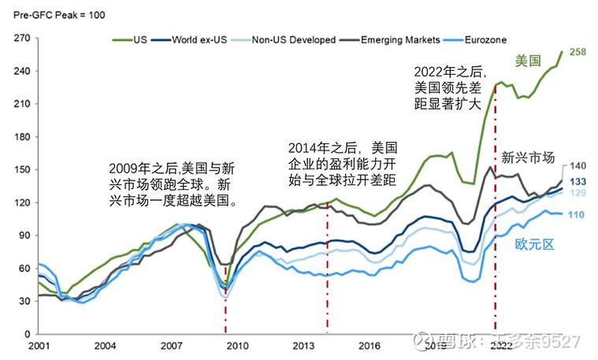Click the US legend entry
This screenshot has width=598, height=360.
click(x=139, y=39)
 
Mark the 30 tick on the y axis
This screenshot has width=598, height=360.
click(x=23, y=301)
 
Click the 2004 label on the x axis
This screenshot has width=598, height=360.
click(x=106, y=345)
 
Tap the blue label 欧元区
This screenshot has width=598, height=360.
click(x=536, y=244)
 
